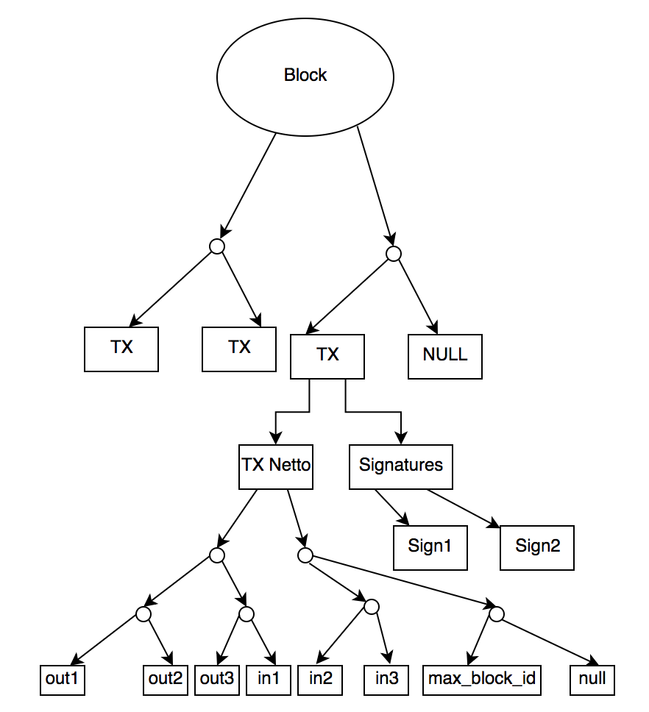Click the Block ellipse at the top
click(305, 76)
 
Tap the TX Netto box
click(276, 466)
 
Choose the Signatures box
click(401, 466)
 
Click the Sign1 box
click(430, 547)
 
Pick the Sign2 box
click(537, 547)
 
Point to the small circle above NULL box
click(394, 254)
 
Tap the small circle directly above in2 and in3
click(372, 607)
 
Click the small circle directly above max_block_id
click(496, 613)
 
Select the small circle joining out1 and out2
click(143, 613)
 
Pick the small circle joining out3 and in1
click(247, 613)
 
